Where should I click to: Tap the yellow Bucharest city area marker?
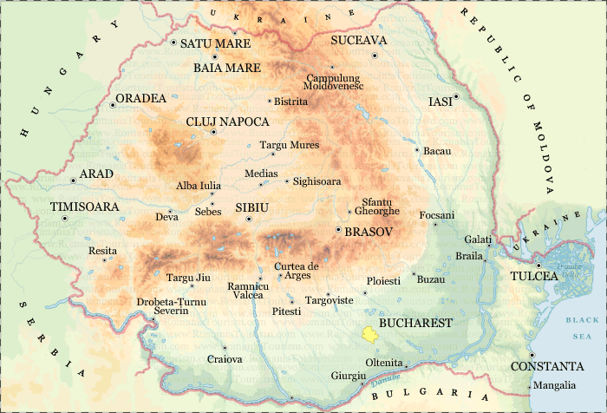369,333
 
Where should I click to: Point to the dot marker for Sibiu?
249,219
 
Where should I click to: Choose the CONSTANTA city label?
546,366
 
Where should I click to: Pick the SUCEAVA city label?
359,41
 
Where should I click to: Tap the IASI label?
441,102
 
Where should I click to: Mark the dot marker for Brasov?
337,229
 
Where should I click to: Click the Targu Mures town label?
290,145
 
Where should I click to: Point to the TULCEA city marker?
538,265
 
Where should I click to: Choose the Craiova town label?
225,358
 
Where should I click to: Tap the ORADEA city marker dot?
114,105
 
